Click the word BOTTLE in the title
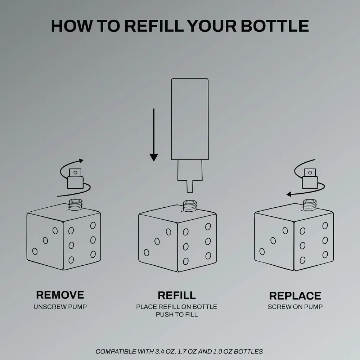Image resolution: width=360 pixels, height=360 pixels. click(x=275, y=26)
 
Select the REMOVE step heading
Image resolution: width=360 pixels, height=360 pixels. click(x=60, y=295)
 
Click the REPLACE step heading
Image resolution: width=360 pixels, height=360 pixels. click(x=295, y=296)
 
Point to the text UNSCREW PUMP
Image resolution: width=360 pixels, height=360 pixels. click(x=60, y=307)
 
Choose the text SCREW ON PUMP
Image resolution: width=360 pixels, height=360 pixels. click(x=295, y=307)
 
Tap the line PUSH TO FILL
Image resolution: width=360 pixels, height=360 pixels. click(x=177, y=315)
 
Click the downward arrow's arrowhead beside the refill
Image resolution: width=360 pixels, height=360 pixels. click(x=154, y=158)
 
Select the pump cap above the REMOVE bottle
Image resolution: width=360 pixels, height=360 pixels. click(x=75, y=179)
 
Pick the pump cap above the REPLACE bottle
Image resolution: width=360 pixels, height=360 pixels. click(x=310, y=179)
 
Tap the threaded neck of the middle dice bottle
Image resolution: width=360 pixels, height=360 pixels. click(x=190, y=206)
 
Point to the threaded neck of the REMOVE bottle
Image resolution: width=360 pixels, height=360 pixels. click(x=76, y=204)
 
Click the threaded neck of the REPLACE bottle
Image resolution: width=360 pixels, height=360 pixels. click(x=310, y=204)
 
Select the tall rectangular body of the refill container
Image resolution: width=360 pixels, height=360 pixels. click(x=190, y=119)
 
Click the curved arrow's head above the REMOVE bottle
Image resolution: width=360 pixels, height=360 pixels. click(x=81, y=161)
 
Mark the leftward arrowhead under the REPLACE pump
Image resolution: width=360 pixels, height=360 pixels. click(x=289, y=194)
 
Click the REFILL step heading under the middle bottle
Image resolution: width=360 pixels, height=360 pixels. click(x=177, y=296)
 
